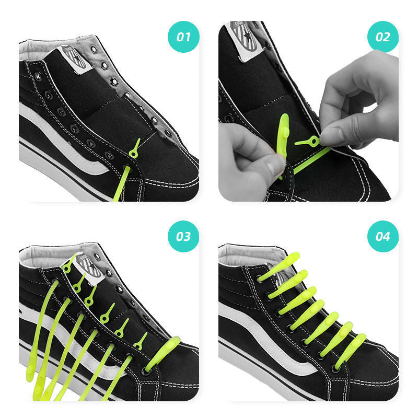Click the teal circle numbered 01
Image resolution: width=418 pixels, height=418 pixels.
[x=183, y=37]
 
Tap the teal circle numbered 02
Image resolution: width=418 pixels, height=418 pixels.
[x=383, y=37]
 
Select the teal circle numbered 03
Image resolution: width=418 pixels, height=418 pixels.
[x=183, y=236]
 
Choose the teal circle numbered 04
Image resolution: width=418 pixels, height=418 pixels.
[x=383, y=236]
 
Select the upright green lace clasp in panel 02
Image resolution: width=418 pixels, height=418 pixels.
[x=283, y=136]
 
